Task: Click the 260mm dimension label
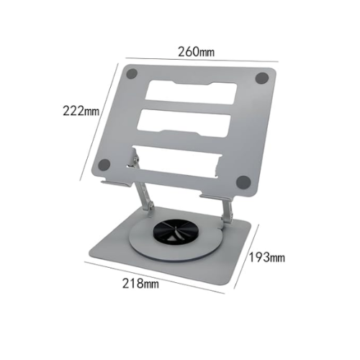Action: (197, 52)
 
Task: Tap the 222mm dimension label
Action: (81, 112)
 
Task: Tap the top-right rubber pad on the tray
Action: (262, 76)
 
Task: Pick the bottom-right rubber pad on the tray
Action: (243, 181)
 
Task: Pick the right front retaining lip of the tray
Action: (216, 197)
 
